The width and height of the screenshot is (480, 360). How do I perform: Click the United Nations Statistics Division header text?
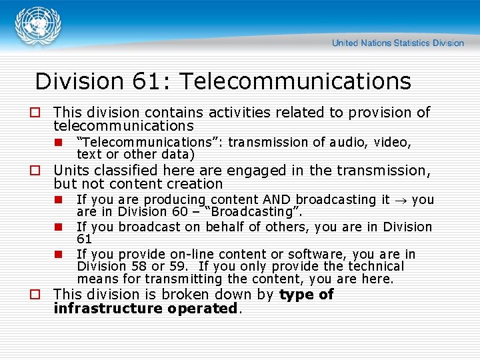tap(397, 43)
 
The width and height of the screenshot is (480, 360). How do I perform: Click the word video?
tap(393, 142)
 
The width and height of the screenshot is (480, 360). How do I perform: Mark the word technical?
tap(369, 266)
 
